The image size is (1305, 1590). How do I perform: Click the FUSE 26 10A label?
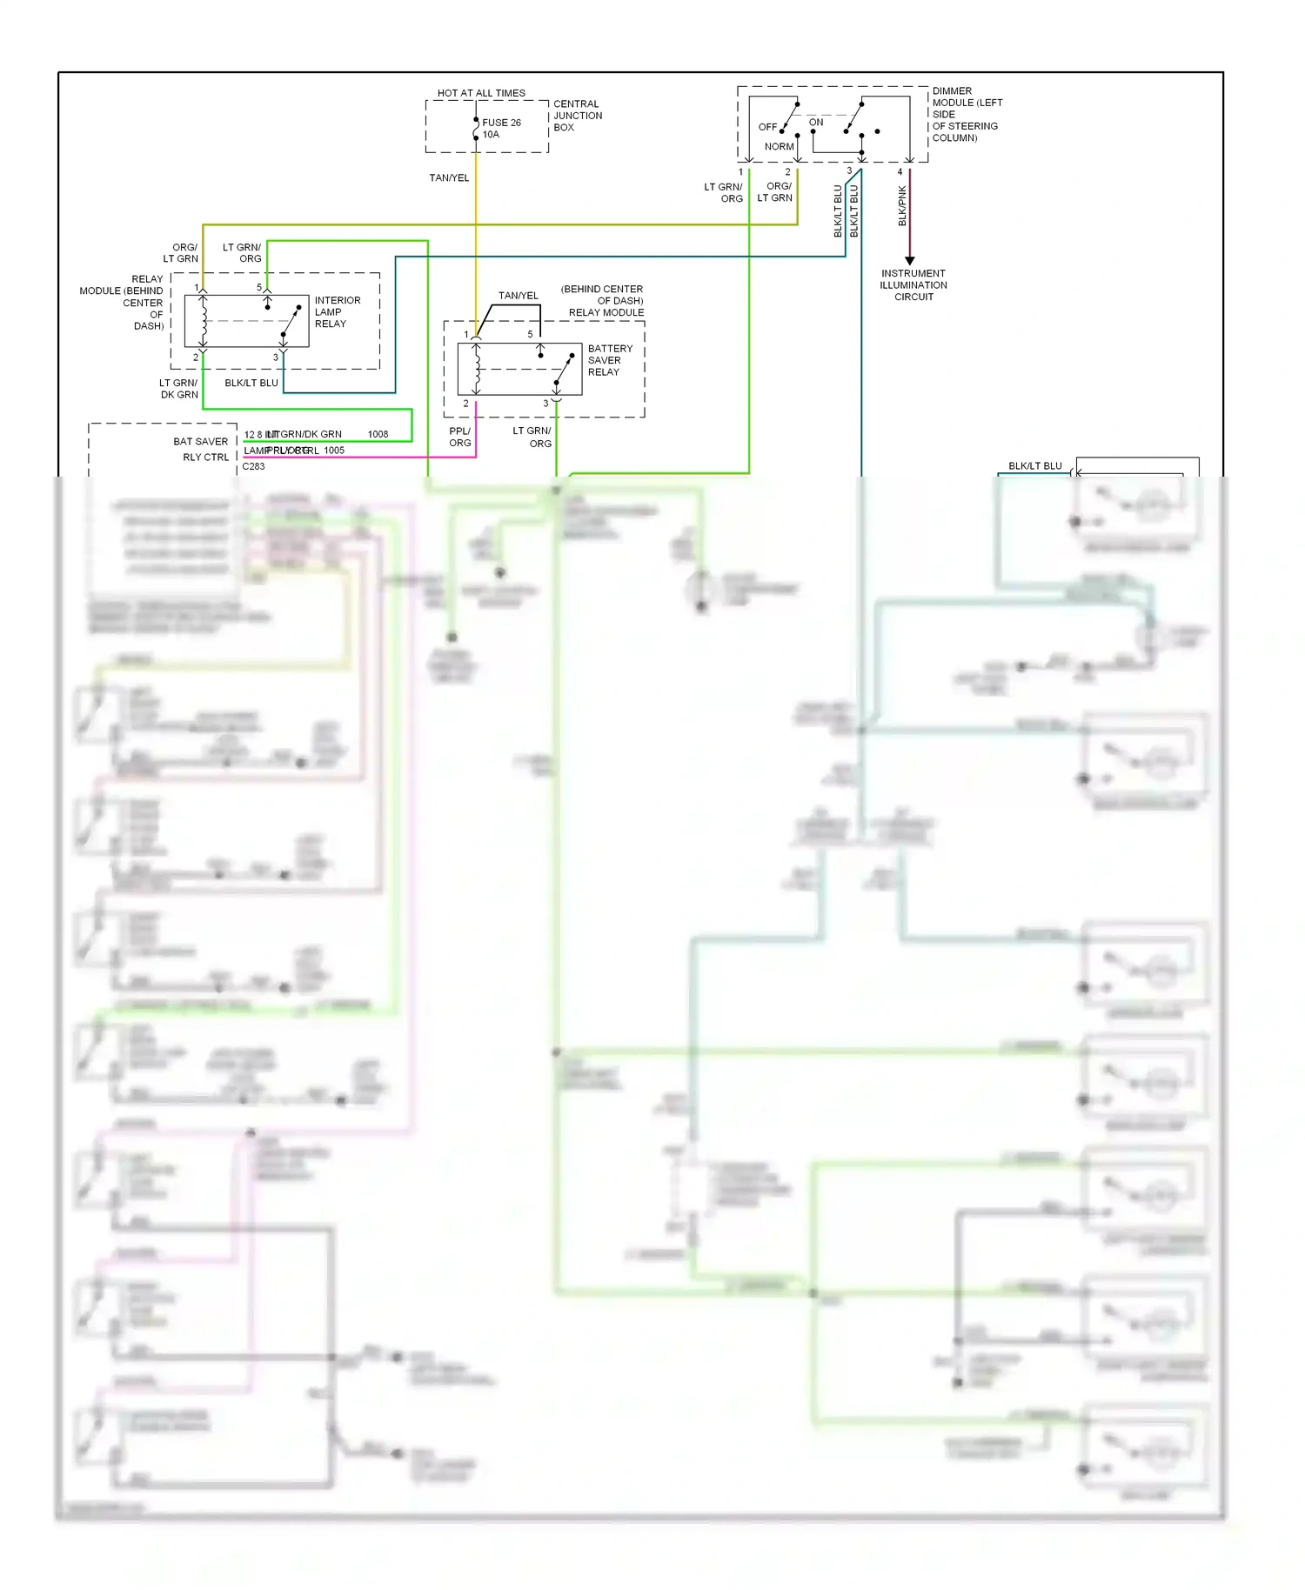[501, 129]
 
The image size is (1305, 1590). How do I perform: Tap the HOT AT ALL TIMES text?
[481, 93]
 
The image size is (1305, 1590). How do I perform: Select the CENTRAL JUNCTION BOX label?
[577, 116]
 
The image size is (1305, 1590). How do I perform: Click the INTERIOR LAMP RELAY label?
[337, 312]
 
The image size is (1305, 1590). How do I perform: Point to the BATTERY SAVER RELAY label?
[610, 360]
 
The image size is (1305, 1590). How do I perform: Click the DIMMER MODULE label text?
[966, 114]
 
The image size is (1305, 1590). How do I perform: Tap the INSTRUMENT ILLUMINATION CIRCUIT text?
[913, 285]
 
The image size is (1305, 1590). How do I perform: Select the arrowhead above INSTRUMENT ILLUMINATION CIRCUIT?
[910, 260]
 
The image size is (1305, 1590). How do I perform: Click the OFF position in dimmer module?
[767, 127]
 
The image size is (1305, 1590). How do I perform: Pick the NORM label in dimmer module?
[779, 147]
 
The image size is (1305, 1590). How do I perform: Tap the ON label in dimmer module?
[816, 123]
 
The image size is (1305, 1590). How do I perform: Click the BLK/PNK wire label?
[902, 206]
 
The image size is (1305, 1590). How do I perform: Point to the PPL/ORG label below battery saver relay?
[459, 437]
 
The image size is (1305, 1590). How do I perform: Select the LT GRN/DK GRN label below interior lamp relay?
[178, 389]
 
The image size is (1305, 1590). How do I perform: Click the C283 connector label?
[253, 466]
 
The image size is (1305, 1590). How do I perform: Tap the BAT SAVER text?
[200, 442]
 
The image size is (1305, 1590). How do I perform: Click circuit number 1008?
[378, 434]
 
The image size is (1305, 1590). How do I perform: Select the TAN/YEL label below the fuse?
[449, 178]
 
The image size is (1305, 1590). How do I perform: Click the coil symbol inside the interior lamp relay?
[204, 320]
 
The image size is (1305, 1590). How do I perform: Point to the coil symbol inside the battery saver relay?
[477, 368]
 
